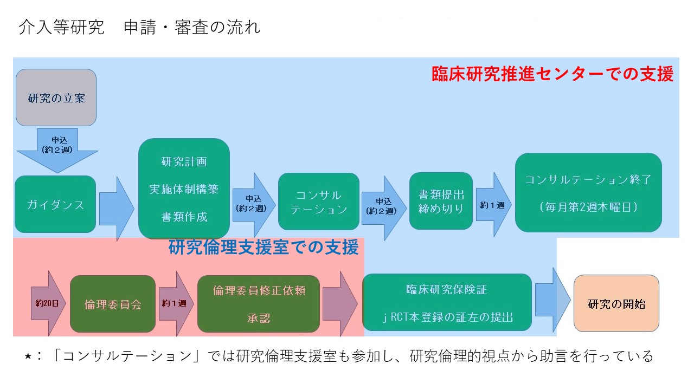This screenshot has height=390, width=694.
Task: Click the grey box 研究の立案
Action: click(56, 97)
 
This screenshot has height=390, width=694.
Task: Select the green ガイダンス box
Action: click(55, 204)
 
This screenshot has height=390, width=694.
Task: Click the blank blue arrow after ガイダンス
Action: click(117, 209)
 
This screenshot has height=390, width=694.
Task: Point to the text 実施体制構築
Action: click(184, 189)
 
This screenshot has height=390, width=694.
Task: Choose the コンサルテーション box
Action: click(318, 201)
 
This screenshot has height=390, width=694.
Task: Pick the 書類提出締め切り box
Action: click(441, 201)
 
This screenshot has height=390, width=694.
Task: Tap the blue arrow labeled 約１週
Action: click(493, 205)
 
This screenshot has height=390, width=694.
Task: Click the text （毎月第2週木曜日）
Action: click(588, 207)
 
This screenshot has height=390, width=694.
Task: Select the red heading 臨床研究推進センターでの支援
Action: click(552, 74)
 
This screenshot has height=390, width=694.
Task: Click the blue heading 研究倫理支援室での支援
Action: click(264, 248)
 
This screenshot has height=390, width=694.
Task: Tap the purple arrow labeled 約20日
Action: click(48, 303)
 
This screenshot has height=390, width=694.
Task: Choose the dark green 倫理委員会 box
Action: click(113, 304)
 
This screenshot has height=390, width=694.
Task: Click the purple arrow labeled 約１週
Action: click(176, 304)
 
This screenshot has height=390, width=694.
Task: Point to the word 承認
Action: click(259, 318)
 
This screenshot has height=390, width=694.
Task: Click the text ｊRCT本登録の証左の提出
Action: click(448, 317)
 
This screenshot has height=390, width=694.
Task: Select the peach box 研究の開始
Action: click(616, 303)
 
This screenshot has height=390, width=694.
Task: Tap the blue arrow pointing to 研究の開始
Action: click(552, 300)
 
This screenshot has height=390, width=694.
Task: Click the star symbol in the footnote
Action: click(28, 356)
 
